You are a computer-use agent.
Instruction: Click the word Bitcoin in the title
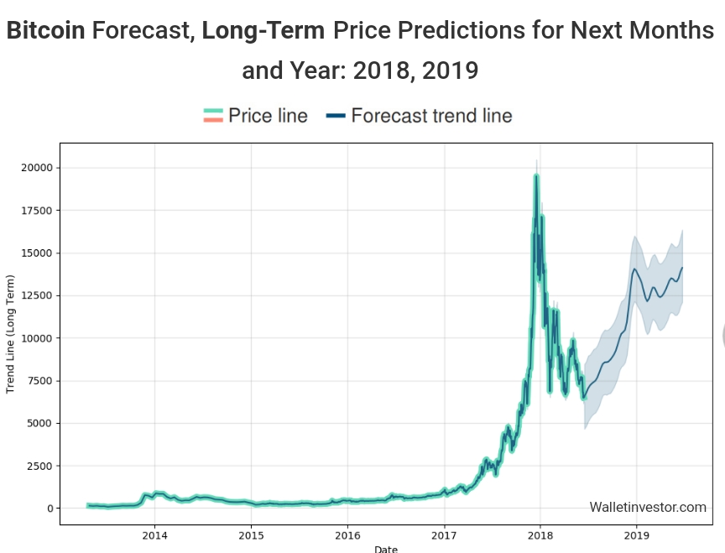[45, 32]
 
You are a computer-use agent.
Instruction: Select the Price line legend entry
[256, 116]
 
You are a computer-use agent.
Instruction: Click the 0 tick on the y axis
[50, 509]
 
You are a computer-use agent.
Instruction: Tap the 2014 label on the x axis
[154, 535]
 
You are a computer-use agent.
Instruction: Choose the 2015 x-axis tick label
[251, 535]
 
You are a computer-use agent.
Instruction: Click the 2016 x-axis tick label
[347, 535]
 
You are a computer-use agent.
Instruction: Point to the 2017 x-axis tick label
[444, 535]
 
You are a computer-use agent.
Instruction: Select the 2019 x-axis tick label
[637, 535]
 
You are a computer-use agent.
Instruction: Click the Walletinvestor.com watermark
[648, 507]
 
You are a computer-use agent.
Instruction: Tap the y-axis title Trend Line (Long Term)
[11, 336]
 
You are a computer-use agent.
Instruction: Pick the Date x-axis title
[386, 549]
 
